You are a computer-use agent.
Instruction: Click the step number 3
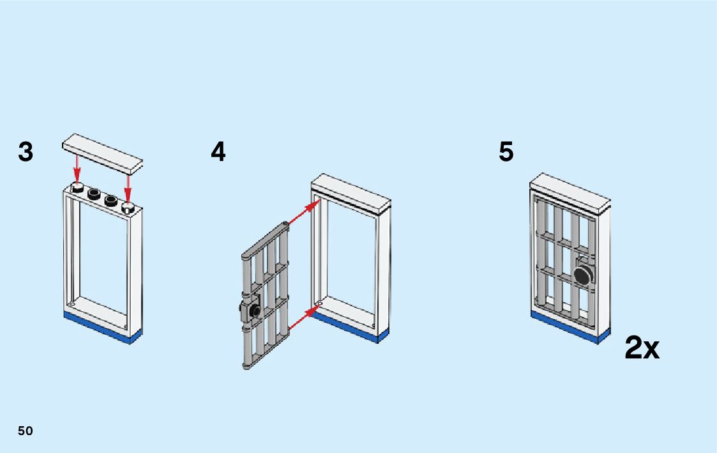click(26, 153)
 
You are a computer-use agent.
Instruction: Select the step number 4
click(218, 153)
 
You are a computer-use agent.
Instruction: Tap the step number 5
click(506, 153)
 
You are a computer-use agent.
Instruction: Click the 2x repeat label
click(642, 348)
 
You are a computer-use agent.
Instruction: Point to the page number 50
click(25, 431)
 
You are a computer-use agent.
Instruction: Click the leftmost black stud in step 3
click(79, 187)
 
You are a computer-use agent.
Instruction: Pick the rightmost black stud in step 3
click(128, 207)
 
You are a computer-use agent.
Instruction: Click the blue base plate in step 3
click(102, 328)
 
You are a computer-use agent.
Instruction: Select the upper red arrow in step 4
click(304, 213)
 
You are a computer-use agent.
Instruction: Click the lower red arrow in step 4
click(304, 318)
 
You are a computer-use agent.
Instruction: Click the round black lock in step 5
click(584, 275)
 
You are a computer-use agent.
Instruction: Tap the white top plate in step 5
click(570, 192)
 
